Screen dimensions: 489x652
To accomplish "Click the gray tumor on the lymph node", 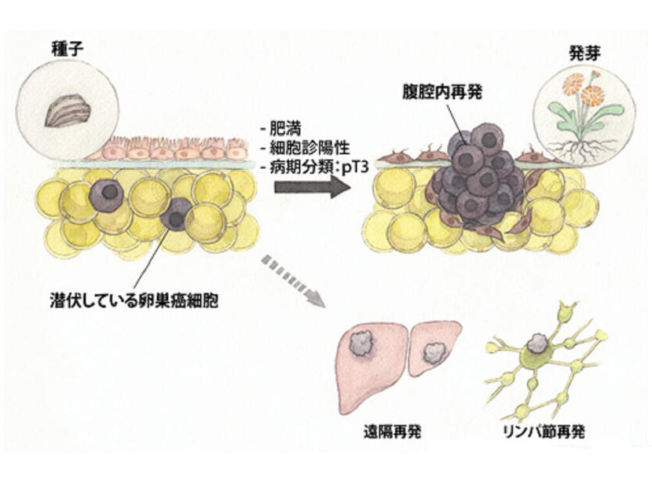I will click(x=538, y=341).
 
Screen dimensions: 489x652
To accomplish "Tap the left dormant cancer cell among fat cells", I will click(x=106, y=191).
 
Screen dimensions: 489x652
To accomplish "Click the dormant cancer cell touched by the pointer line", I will click(x=177, y=213).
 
